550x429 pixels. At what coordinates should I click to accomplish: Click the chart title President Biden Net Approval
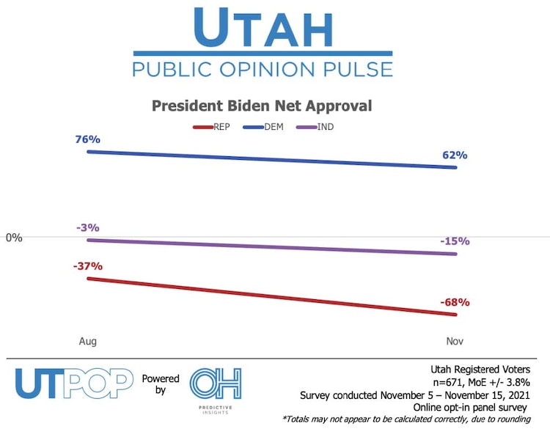pos(262,106)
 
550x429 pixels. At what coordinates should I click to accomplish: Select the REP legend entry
pos(219,126)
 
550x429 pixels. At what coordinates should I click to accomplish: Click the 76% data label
pos(87,139)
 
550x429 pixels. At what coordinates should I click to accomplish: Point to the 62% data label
pos(455,155)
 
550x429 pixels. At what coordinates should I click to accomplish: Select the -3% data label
pos(87,227)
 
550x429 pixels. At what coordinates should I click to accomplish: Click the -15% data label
pos(455,241)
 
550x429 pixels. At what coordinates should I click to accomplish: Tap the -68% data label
pos(455,302)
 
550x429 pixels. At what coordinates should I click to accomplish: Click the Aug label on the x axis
pos(88,342)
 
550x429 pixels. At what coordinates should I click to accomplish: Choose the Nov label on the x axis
pos(455,342)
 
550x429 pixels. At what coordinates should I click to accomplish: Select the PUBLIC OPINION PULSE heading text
pos(262,70)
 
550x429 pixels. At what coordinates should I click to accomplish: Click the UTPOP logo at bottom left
pos(74,384)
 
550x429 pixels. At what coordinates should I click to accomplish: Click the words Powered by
pos(161,385)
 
